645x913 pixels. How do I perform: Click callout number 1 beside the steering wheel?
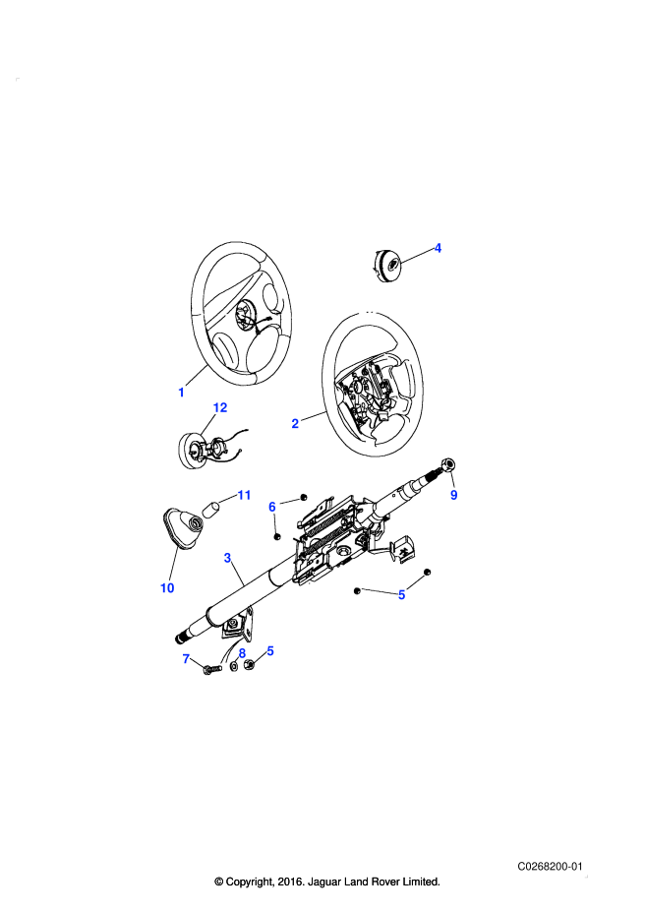[181, 393]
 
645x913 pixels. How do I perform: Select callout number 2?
[295, 423]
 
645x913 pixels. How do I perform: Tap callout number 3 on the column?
[227, 558]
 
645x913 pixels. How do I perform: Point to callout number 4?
[438, 248]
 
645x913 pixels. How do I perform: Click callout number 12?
[220, 407]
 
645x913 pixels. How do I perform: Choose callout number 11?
[244, 495]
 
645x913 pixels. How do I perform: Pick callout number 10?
[167, 588]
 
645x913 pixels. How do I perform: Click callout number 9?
[454, 495]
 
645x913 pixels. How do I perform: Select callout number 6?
[271, 507]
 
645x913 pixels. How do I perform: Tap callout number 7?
[186, 658]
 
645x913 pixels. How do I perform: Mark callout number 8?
[242, 653]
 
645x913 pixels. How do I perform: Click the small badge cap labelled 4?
[386, 266]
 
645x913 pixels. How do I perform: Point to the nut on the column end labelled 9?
[448, 464]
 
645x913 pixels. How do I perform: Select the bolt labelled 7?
[212, 670]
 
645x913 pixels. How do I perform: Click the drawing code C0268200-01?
[550, 867]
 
